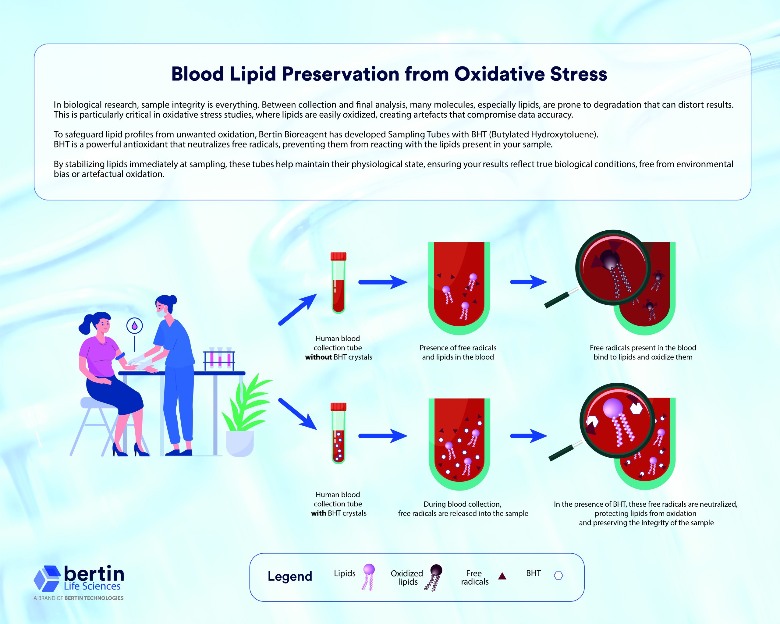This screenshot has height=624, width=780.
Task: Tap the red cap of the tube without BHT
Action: pyautogui.click(x=338, y=257)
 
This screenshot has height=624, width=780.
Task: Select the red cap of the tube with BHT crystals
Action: pyautogui.click(x=338, y=406)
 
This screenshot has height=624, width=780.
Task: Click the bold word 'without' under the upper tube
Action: pyautogui.click(x=318, y=357)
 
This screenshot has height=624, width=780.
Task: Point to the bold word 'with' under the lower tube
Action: pyautogui.click(x=318, y=513)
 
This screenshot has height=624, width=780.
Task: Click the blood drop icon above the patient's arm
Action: pyautogui.click(x=135, y=326)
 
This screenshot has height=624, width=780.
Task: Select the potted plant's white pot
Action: pyautogui.click(x=239, y=443)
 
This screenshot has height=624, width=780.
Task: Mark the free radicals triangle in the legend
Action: pyautogui.click(x=502, y=576)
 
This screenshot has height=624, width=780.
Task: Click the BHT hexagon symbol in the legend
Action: pyautogui.click(x=558, y=576)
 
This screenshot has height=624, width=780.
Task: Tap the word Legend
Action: pyautogui.click(x=290, y=576)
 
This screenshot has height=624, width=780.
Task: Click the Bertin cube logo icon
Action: pyautogui.click(x=47, y=578)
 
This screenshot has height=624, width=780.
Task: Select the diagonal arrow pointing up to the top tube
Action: pyautogui.click(x=297, y=310)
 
